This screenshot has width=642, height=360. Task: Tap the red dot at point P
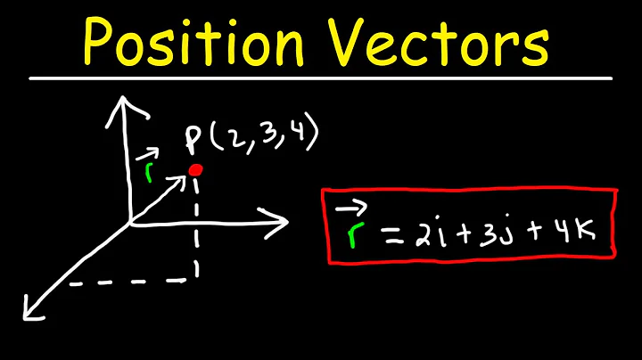coord(196,169)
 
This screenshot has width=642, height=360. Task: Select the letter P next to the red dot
coord(193,140)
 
